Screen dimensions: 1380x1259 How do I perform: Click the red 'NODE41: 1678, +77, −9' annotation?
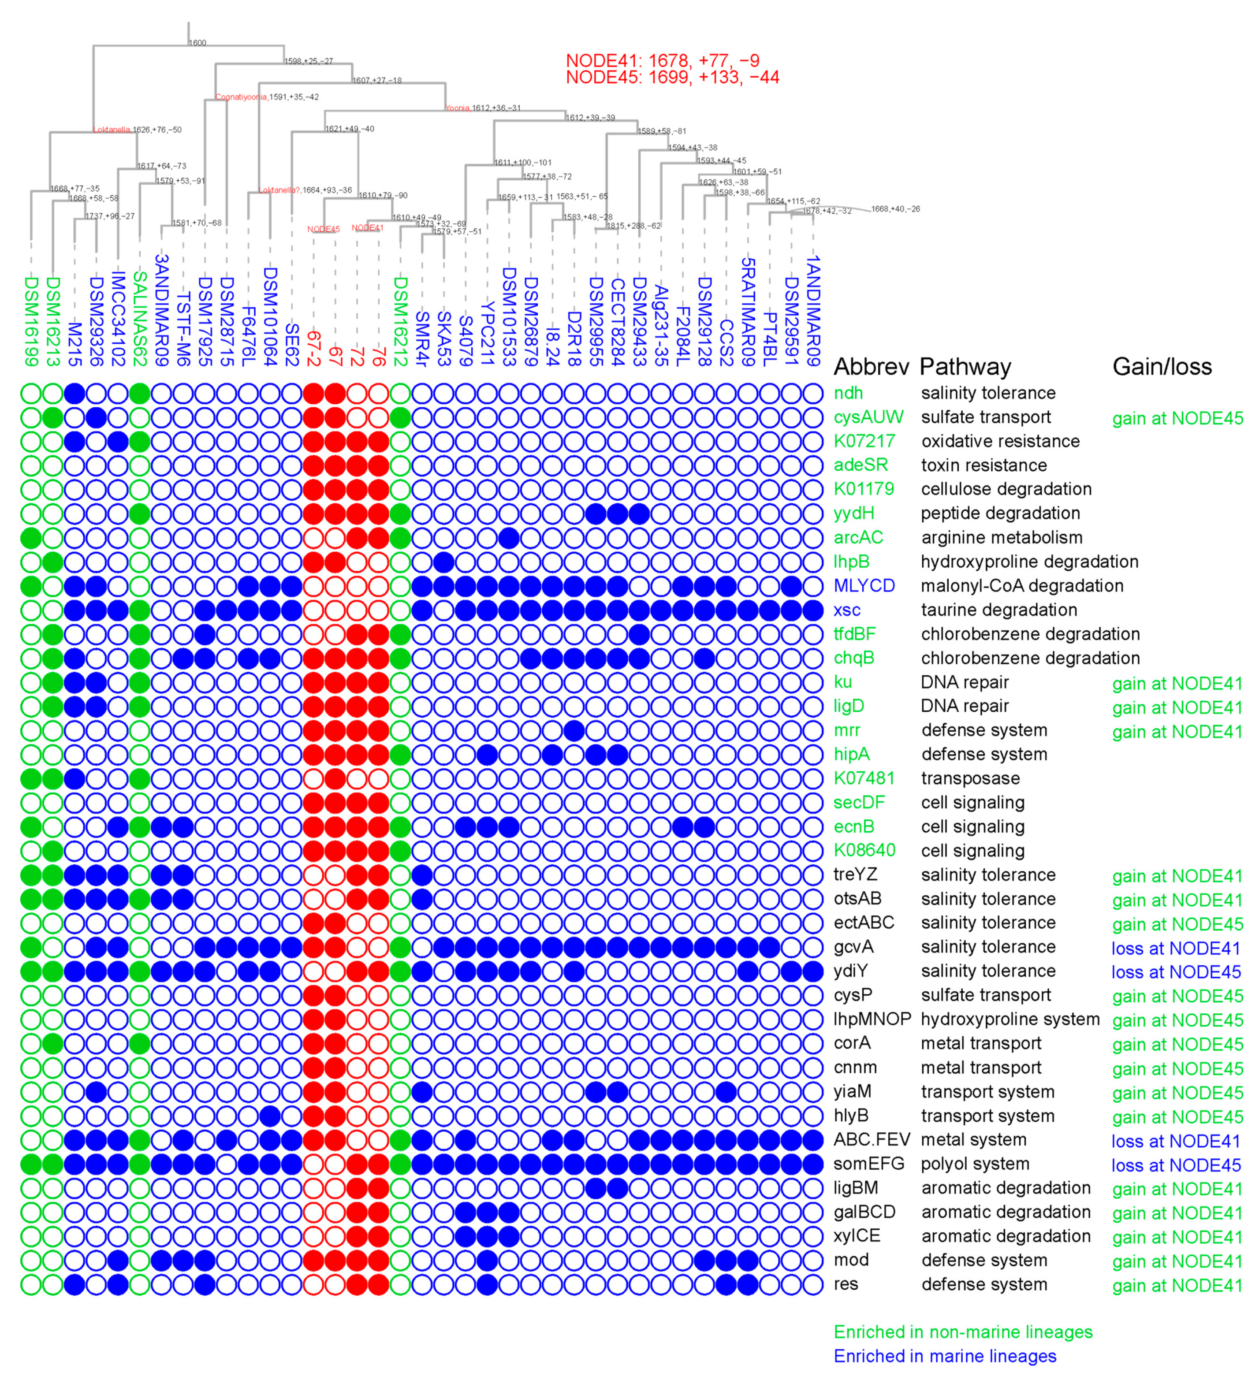[662, 60]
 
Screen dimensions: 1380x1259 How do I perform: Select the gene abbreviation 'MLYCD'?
[864, 586]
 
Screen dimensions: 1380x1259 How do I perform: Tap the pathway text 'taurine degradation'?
[999, 610]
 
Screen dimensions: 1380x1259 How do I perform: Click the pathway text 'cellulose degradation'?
[1006, 489]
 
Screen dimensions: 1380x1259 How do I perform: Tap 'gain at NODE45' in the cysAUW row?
[1177, 418]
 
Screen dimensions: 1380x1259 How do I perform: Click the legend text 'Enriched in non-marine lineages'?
[963, 1332]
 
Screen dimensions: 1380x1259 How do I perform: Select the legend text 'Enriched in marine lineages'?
[945, 1356]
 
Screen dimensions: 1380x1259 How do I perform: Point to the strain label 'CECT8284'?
[618, 322]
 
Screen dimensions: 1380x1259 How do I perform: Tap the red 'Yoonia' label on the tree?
[457, 108]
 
